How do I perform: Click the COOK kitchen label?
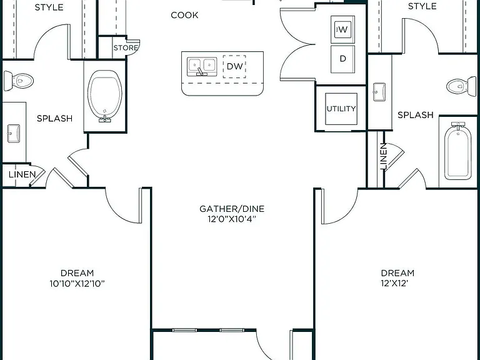(184, 15)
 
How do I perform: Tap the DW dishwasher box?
(234, 66)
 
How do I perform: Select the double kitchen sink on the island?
(202, 66)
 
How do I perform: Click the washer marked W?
(343, 30)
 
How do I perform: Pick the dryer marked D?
(343, 59)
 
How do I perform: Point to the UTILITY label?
(341, 109)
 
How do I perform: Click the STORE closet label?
(126, 47)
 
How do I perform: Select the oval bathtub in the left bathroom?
(105, 96)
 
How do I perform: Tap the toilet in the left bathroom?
(18, 81)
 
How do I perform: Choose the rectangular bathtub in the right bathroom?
(458, 151)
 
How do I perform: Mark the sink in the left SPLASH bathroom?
(14, 134)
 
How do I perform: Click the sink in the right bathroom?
(379, 91)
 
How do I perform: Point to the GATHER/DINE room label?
(232, 209)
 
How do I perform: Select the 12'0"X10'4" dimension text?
(232, 219)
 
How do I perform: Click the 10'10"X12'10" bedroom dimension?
(77, 284)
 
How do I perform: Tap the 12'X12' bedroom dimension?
(394, 283)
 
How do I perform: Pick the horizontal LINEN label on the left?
(22, 174)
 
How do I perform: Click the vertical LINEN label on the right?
(383, 156)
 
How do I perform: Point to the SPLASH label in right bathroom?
(416, 115)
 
